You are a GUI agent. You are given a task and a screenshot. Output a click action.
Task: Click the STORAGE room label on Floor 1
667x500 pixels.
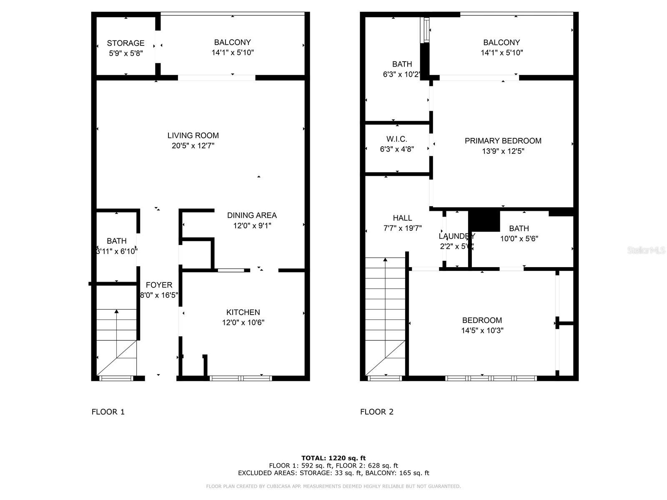(125, 43)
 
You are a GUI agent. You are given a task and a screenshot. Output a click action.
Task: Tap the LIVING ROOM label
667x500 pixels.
(193, 135)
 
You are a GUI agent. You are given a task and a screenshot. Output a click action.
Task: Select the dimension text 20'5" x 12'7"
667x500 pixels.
(193, 146)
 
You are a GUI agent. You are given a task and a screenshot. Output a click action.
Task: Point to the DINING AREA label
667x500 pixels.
(252, 215)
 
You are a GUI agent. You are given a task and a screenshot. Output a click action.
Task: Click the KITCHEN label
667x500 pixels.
(243, 312)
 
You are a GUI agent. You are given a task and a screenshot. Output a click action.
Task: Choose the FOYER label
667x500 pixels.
(159, 285)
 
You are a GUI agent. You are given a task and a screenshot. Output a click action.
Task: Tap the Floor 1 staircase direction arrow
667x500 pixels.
(117, 312)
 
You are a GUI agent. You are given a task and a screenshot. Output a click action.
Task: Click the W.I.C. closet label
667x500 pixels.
(397, 139)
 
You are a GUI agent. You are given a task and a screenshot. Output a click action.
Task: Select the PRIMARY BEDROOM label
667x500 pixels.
(503, 141)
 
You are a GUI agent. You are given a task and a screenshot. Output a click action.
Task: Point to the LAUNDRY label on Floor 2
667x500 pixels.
(457, 236)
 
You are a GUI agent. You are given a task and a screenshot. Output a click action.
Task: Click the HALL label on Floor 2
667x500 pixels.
(402, 218)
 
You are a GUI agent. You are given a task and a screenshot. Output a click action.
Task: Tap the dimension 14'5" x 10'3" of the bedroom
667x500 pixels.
(482, 331)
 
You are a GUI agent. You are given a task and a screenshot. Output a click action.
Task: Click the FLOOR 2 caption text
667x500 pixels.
(377, 412)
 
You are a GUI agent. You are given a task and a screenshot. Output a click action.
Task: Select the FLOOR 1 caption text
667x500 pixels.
(108, 412)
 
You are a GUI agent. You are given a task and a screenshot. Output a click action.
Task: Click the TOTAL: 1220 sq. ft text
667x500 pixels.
(333, 458)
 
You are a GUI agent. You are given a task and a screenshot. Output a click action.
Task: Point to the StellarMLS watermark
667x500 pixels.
(646, 250)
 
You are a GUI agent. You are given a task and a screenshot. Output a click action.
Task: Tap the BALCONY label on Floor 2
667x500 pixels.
(502, 42)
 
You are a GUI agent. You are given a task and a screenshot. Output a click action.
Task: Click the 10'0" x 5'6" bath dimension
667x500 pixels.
(519, 239)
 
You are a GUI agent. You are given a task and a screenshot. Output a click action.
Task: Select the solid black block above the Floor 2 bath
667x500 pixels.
(484, 221)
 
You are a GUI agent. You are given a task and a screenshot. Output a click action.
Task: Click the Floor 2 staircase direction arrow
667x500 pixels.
(385, 260)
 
